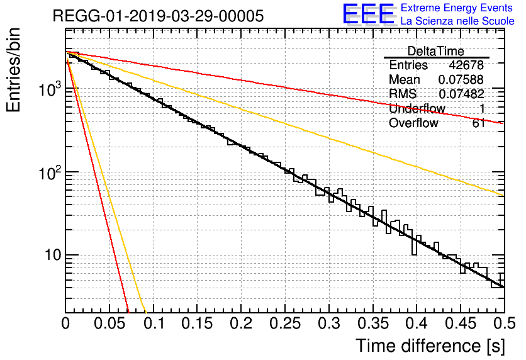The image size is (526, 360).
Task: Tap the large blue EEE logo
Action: (x=368, y=14)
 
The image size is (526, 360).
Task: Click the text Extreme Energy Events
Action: (x=457, y=8)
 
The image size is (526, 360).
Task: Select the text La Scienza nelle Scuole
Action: (x=457, y=21)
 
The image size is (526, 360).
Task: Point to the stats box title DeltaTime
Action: (x=436, y=52)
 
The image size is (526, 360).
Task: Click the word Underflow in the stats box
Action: (x=417, y=109)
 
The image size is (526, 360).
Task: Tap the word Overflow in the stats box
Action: (x=413, y=123)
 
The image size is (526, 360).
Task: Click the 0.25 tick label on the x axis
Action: (x=284, y=324)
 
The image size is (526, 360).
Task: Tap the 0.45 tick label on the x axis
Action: (x=461, y=324)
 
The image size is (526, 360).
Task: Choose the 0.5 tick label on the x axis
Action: (x=504, y=324)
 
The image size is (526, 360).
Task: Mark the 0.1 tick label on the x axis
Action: (x=153, y=324)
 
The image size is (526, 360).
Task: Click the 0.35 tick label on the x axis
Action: (x=372, y=324)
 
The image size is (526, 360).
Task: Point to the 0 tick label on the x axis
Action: (x=65, y=324)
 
